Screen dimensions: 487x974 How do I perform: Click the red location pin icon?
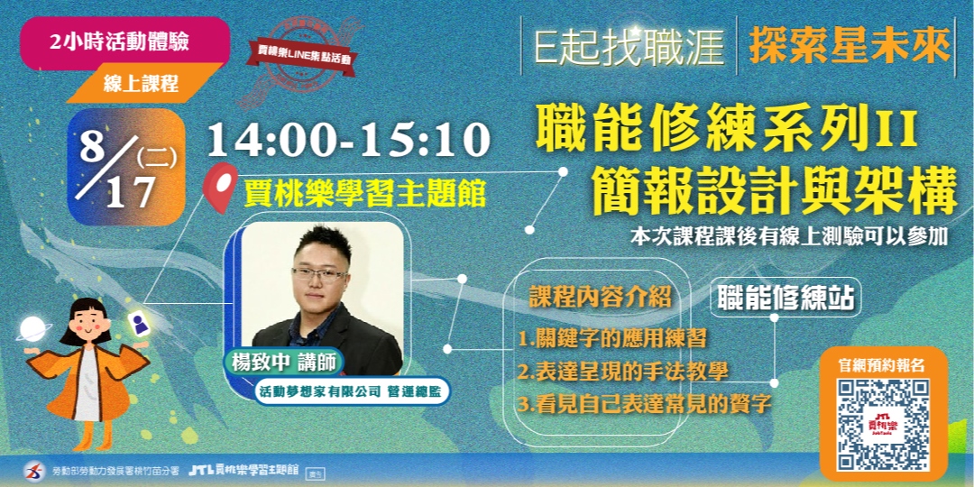(x=220, y=186)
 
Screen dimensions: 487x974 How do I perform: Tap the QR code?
(x=883, y=425)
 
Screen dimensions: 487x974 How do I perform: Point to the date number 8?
(x=93, y=145)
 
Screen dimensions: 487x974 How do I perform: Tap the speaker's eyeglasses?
(x=319, y=273)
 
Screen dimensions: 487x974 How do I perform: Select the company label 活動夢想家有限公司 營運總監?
(x=351, y=392)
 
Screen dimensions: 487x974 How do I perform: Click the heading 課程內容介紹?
(x=601, y=298)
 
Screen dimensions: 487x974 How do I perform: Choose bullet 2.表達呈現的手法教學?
(x=623, y=371)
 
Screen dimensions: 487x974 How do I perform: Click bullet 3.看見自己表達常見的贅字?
(x=645, y=403)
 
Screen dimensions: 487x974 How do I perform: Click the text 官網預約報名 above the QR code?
(x=882, y=364)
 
